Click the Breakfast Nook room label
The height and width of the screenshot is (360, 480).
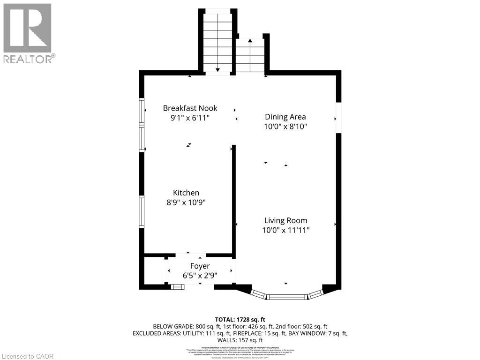click(190, 108)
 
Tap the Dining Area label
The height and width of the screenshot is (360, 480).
click(285, 117)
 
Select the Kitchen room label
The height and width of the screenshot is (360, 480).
click(186, 193)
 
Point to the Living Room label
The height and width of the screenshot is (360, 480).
click(285, 220)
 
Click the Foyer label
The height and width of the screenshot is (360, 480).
click(200, 266)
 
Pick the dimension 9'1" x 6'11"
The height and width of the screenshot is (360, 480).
click(190, 118)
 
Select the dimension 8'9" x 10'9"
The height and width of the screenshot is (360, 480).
click(186, 202)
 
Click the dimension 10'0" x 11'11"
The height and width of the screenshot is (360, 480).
click(285, 230)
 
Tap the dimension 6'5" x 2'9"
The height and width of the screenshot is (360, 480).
click(200, 276)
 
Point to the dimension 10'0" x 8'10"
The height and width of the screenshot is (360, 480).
click(285, 127)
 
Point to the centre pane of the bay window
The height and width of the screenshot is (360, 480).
click(287, 297)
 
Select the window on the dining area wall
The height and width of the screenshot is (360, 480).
click(338, 118)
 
